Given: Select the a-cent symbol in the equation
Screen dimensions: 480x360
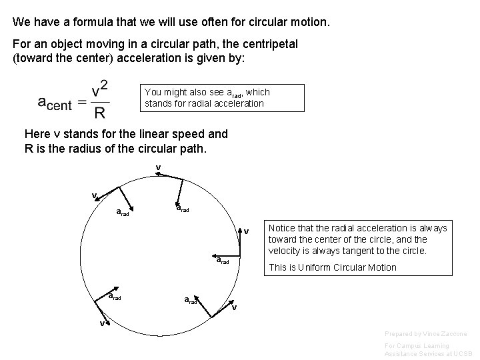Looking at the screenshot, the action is point(55,103).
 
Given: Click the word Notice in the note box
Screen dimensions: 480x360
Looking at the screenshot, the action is point(281,229).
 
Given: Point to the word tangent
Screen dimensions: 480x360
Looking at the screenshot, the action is point(365,250).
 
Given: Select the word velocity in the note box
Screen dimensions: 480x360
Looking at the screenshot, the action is point(285,250).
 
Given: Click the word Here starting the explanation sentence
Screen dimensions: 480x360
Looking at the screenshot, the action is point(36,133).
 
